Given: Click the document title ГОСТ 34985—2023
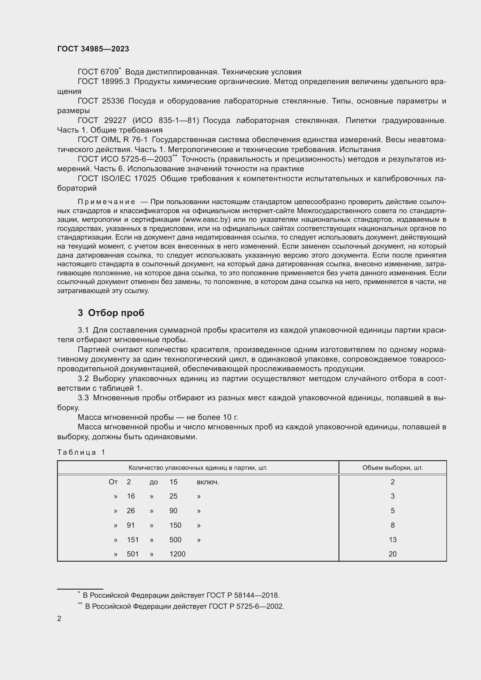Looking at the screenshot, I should point(93,49).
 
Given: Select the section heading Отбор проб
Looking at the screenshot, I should point(116,313).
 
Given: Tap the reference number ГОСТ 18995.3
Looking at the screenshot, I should point(104,82).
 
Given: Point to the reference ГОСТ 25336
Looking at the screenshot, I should point(101,101).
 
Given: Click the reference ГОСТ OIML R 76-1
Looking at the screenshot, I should point(113,140).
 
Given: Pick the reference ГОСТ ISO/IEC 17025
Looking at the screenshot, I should point(117,179).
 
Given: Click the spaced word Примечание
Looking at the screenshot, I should point(106,202).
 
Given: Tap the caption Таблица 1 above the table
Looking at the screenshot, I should point(81,452).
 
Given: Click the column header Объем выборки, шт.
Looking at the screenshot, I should point(392,468).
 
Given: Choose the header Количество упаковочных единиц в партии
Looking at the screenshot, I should point(198,468).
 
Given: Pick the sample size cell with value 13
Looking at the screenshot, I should point(392,540).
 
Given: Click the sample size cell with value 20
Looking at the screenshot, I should point(392,554).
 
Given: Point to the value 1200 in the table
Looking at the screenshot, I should point(177,554).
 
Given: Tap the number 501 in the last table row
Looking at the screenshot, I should point(133,554).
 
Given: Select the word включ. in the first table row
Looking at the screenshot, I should point(208,482).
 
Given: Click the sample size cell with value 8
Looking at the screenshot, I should point(392,525).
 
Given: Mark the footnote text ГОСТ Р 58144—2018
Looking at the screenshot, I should point(243,595).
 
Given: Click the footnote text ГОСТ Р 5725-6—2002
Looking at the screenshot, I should point(246,606).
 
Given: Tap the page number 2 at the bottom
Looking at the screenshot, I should point(59,618).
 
